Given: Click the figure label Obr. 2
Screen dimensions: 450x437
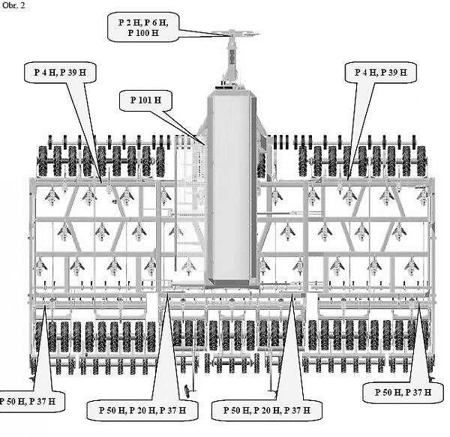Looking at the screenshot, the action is pyautogui.click(x=13, y=5).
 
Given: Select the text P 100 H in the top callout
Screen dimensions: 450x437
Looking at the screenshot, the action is pyautogui.click(x=143, y=33).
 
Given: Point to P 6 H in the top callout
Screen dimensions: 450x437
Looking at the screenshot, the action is pyautogui.click(x=156, y=23).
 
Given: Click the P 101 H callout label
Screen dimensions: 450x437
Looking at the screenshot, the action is pyautogui.click(x=145, y=100).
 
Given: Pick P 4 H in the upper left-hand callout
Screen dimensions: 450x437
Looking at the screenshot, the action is pyautogui.click(x=45, y=72).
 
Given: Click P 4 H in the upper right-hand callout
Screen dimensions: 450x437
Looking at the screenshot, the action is pyautogui.click(x=366, y=72).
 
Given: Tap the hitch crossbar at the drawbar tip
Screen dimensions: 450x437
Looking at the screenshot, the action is pyautogui.click(x=235, y=34).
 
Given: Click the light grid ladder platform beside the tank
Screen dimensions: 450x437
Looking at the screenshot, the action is pyautogui.click(x=190, y=201).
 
